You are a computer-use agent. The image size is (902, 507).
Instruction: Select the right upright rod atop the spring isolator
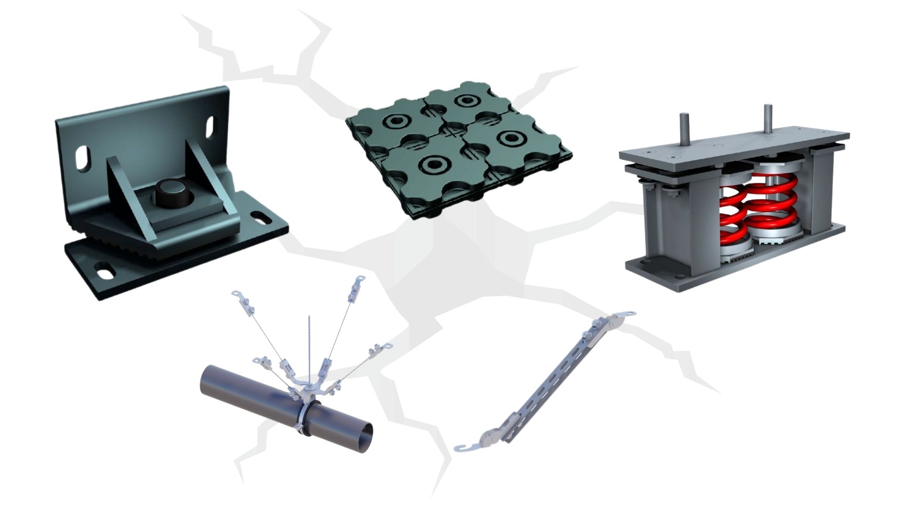pos(768,119)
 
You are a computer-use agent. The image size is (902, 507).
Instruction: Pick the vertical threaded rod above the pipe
pos(310,347)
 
